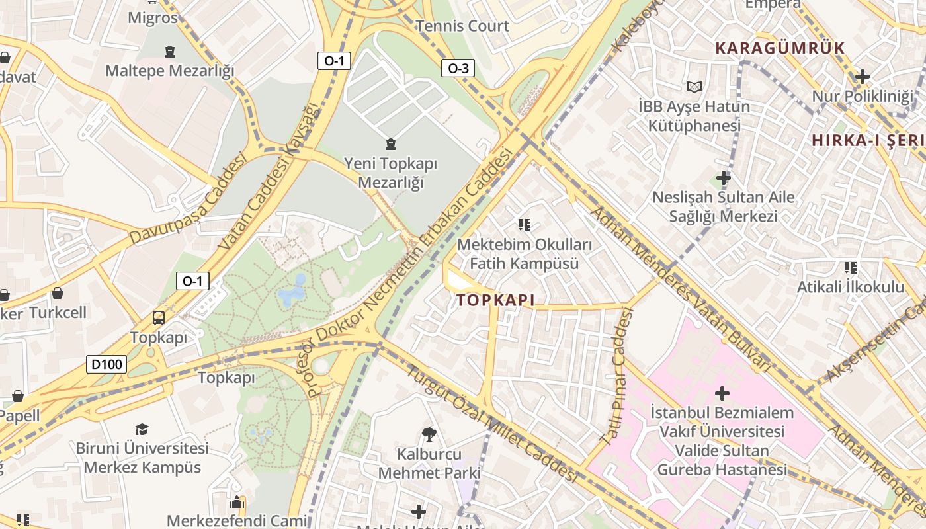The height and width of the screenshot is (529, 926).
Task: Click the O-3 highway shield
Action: (458, 68)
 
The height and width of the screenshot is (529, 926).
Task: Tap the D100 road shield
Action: (106, 364)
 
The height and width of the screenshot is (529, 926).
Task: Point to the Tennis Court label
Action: (462, 26)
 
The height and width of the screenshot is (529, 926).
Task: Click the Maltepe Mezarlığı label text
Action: (170, 71)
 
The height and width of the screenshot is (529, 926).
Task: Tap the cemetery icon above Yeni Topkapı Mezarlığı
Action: (391, 143)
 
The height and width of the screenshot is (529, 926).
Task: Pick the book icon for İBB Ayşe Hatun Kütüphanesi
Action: (694, 87)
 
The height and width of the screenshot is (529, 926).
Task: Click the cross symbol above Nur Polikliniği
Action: (862, 77)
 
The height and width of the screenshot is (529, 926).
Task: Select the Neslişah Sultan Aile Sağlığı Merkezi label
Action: (723, 206)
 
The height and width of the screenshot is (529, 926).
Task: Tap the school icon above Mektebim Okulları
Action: (525, 225)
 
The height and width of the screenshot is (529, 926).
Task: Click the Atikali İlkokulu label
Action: (850, 287)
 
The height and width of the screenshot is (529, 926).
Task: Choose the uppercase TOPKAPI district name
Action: (495, 300)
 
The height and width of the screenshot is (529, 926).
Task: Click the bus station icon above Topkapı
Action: (159, 318)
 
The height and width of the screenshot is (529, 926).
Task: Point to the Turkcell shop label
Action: (58, 312)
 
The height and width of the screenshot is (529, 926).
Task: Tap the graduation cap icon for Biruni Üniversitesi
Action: (142, 430)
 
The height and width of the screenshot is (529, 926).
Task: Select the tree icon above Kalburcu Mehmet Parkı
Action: (429, 434)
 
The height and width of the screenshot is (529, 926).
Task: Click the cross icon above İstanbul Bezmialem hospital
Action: (722, 394)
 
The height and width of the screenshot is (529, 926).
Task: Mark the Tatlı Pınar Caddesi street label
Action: (616, 377)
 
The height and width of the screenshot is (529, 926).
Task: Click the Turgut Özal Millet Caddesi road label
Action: (492, 423)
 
